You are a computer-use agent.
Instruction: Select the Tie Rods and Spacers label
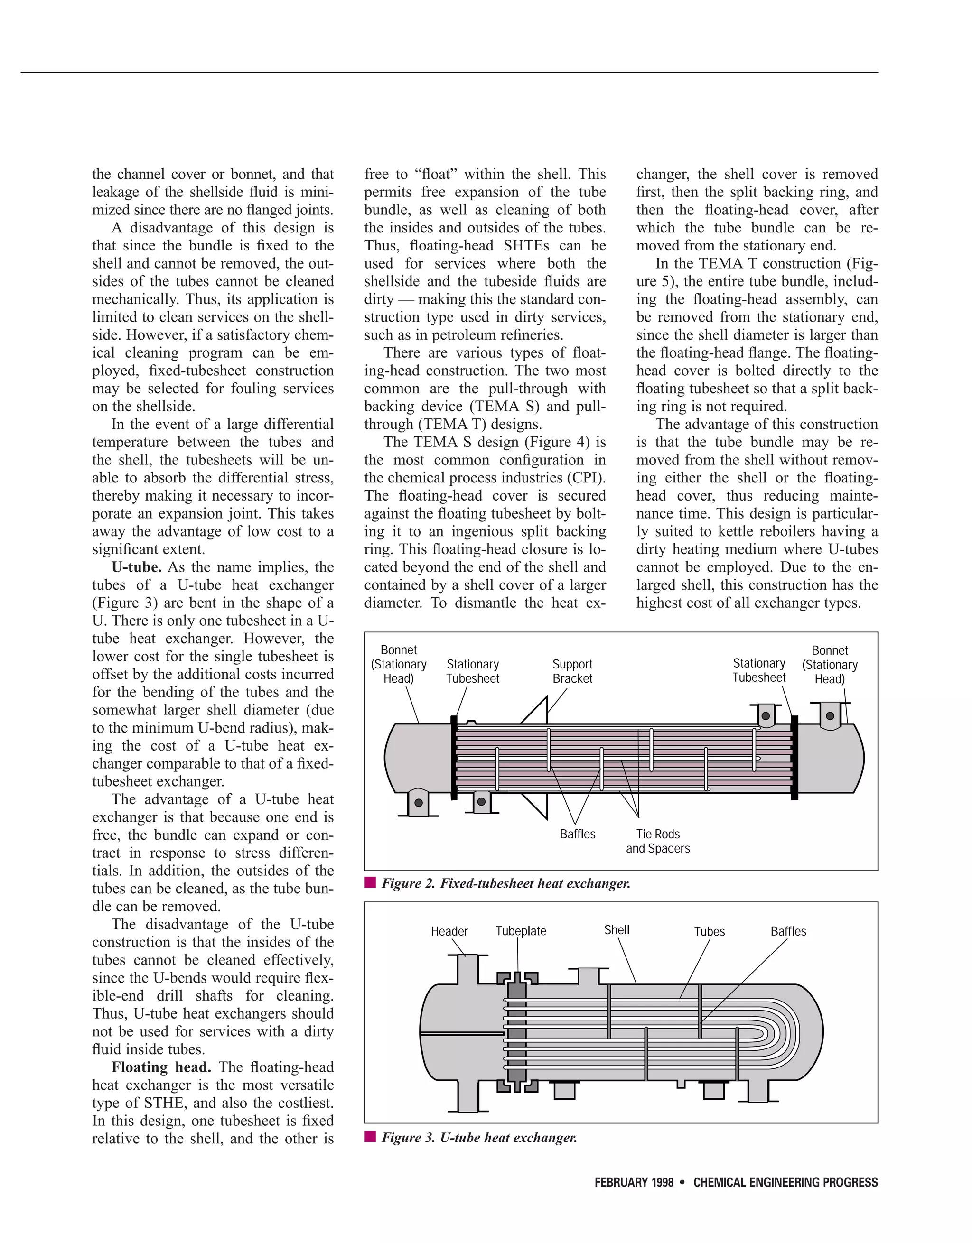658,841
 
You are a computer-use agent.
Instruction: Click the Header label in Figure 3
449,931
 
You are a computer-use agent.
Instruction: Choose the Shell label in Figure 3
617,929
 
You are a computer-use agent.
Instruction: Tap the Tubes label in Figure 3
709,931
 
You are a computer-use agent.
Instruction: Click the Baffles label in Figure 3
788,931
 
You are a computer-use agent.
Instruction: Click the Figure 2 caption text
505,883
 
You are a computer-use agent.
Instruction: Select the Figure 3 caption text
479,1138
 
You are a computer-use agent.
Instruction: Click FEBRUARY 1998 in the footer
634,1183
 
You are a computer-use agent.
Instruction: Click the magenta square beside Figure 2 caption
370,883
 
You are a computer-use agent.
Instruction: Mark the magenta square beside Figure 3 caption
370,1137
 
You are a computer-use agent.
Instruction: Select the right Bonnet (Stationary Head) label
830,664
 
